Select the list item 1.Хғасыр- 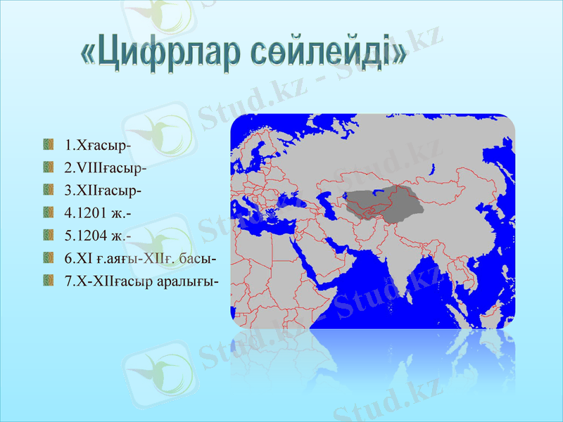(x=98, y=146)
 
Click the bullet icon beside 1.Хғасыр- (x=48, y=144)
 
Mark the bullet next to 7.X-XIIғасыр (x=48, y=280)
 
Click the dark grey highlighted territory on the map (x=387, y=201)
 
